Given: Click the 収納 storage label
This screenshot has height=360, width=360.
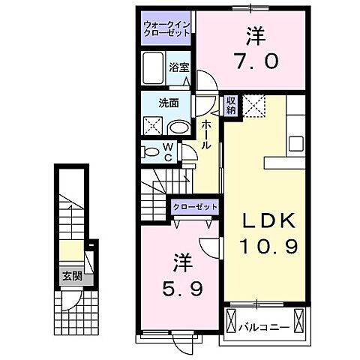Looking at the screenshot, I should (x=231, y=104).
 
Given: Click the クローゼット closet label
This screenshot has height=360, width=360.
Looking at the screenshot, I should (x=195, y=206).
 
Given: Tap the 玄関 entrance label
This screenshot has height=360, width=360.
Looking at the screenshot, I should (x=73, y=277).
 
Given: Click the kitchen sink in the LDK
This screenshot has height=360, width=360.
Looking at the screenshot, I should (x=295, y=141).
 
